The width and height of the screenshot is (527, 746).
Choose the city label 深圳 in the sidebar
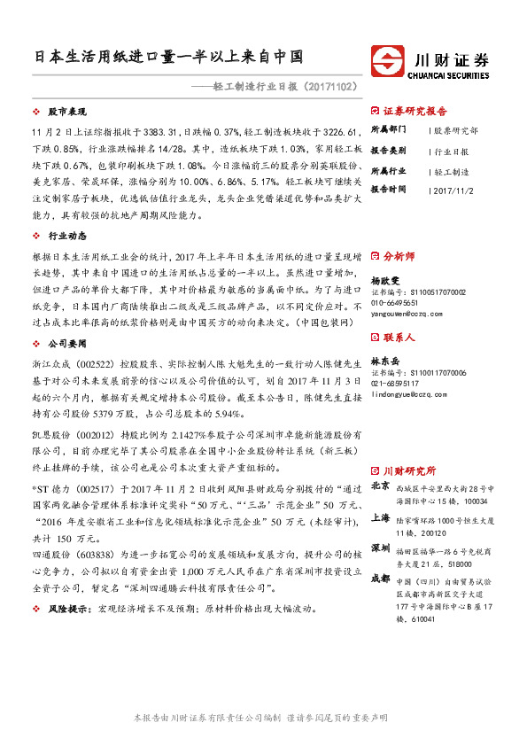(x=380, y=548)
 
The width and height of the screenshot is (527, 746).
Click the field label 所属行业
(x=388, y=170)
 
